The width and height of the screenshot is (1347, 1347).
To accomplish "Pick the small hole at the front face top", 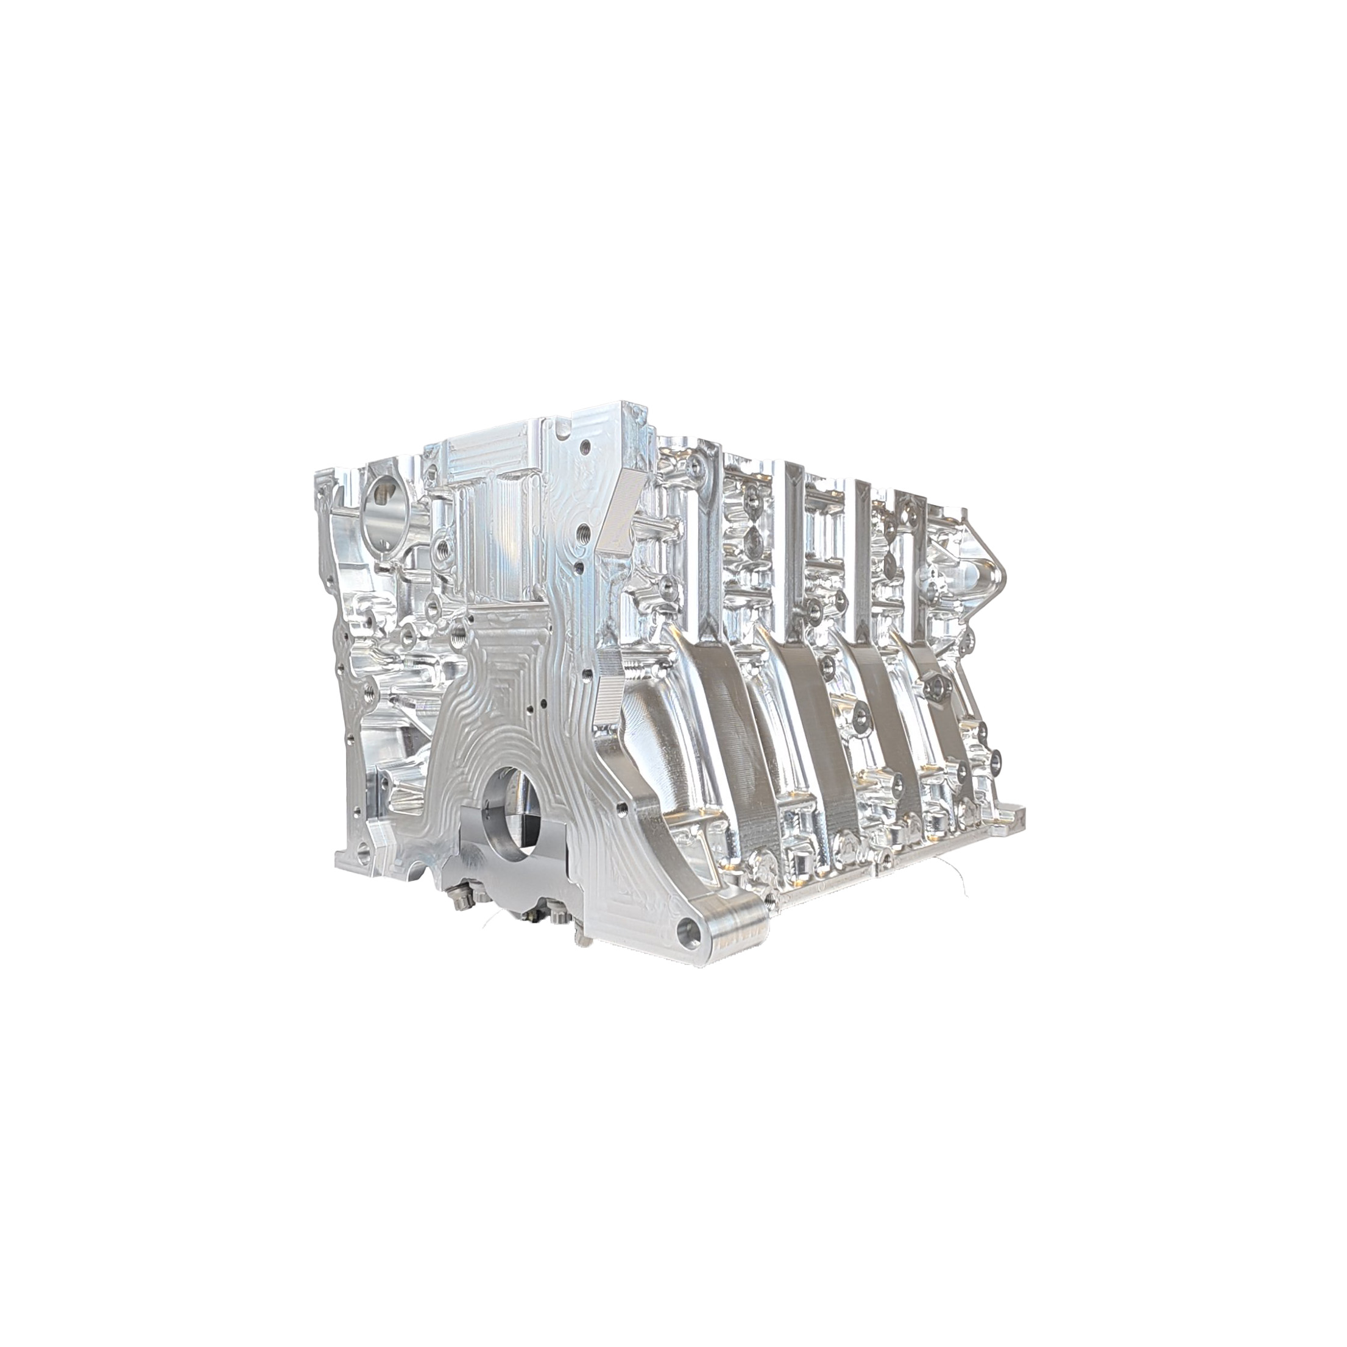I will pos(588,446).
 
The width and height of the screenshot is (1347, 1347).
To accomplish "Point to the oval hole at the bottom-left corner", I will pos(362,851).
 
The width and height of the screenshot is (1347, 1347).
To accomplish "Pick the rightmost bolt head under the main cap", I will pos(558,913).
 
